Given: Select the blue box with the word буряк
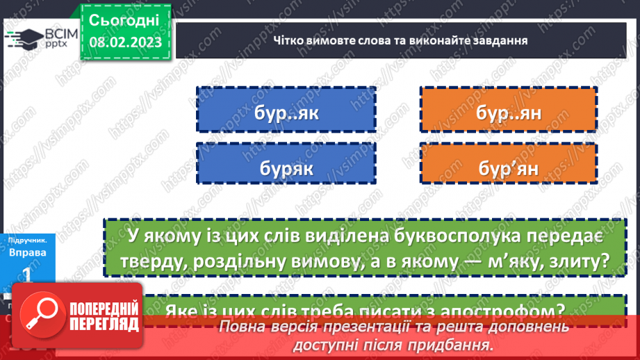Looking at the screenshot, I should (x=286, y=167).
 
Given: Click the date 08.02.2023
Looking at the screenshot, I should (x=126, y=42).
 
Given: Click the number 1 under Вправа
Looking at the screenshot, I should (x=28, y=276).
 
